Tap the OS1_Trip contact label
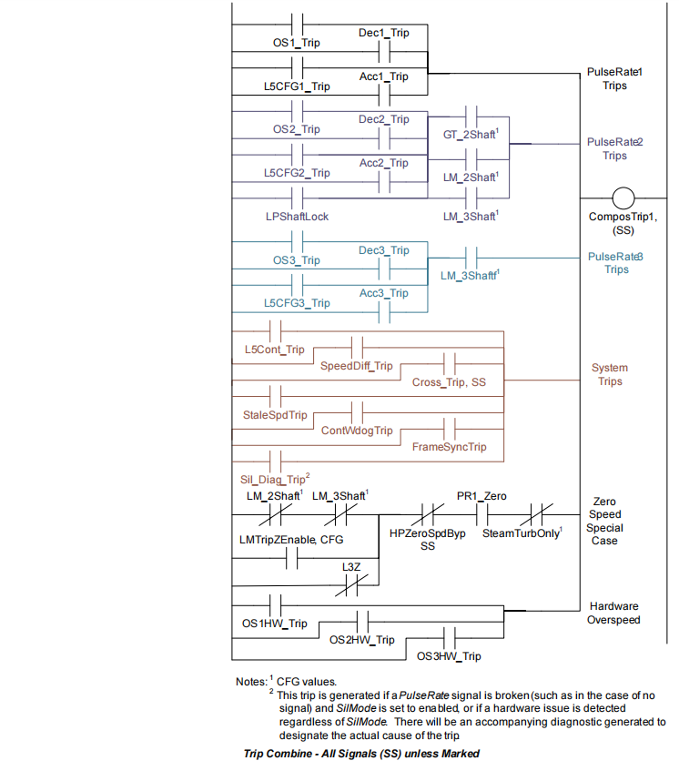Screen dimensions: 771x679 297,43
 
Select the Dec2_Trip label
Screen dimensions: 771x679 383,119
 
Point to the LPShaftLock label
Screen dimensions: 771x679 297,217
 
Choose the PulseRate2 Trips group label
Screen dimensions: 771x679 615,149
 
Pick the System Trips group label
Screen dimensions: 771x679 610,375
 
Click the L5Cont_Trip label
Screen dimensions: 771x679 274,350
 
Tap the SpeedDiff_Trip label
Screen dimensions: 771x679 356,366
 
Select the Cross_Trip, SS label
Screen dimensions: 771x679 449,382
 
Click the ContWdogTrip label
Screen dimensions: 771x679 356,430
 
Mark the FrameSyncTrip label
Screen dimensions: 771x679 449,447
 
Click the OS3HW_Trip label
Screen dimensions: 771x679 449,656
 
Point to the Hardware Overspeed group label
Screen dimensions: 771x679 614,614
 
